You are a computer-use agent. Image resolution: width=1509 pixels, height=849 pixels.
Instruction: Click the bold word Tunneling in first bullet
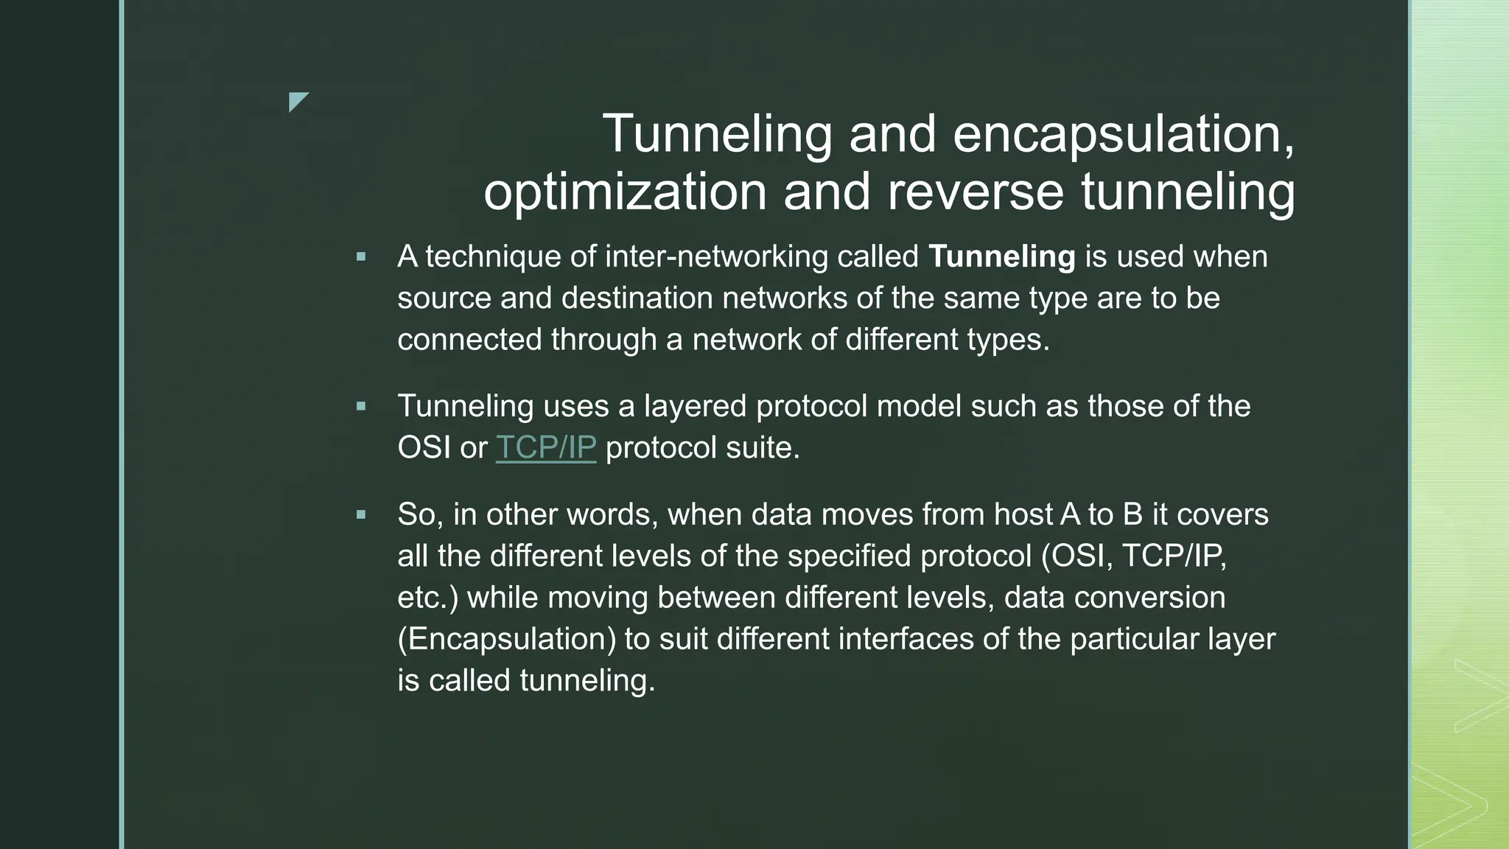(x=1001, y=256)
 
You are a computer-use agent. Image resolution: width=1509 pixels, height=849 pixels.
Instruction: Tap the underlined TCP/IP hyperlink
(x=545, y=447)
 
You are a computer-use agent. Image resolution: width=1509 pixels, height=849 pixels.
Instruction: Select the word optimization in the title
(x=626, y=192)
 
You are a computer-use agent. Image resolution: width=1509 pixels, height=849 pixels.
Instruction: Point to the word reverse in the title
(x=976, y=192)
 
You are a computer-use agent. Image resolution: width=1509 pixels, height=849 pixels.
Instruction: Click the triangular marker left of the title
(x=297, y=100)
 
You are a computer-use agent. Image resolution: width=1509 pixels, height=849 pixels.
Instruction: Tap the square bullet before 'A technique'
(x=360, y=257)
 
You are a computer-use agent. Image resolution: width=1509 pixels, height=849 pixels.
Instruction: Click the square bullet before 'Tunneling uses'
(x=360, y=406)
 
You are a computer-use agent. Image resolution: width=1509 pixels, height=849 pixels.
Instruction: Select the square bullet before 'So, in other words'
(x=360, y=514)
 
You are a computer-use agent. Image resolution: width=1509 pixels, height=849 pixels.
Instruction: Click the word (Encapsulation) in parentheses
(x=506, y=638)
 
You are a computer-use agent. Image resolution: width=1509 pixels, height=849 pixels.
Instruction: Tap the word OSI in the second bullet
(x=424, y=447)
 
